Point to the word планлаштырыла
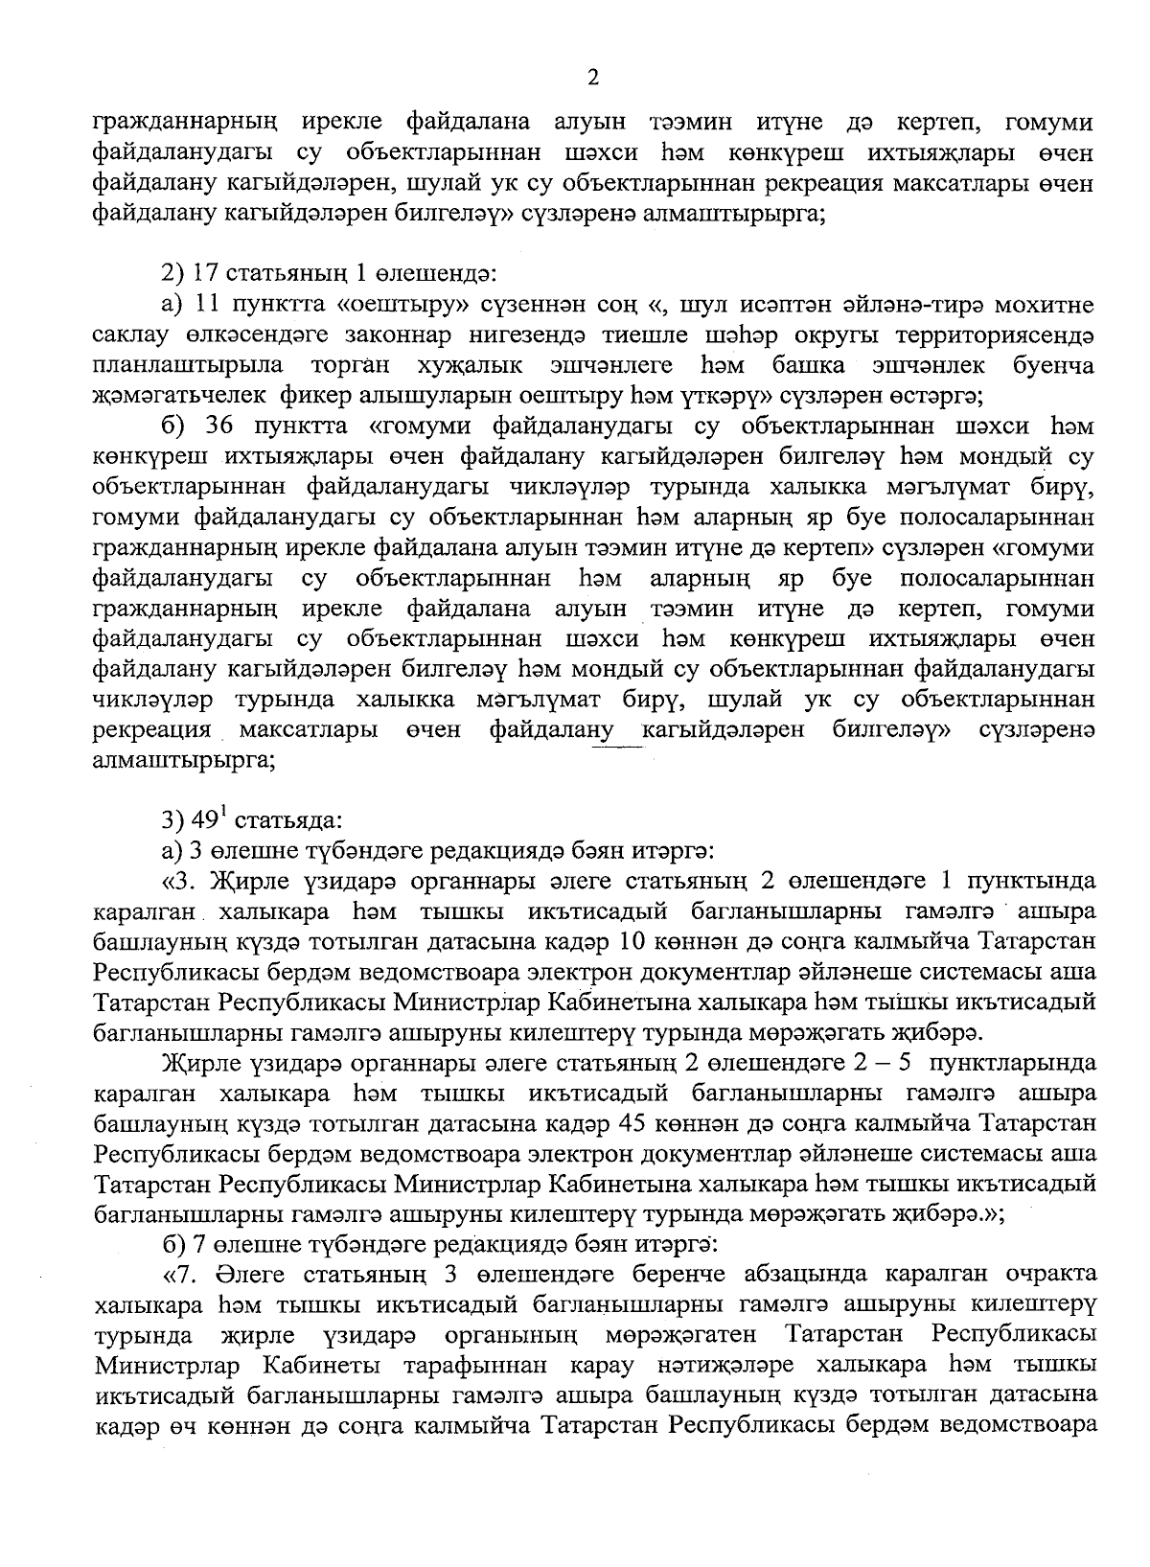(x=188, y=365)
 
